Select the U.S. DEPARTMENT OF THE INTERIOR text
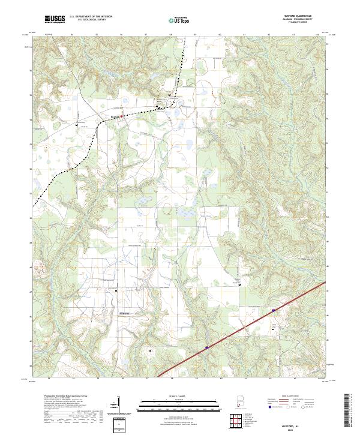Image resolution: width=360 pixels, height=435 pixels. tap(91, 16)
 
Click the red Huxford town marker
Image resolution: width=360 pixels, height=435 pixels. tap(121, 116)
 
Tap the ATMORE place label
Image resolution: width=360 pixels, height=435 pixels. tap(121, 313)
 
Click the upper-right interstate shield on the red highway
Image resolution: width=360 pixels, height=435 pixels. tap(273, 310)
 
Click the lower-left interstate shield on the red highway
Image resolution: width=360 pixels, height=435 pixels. tap(206, 346)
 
